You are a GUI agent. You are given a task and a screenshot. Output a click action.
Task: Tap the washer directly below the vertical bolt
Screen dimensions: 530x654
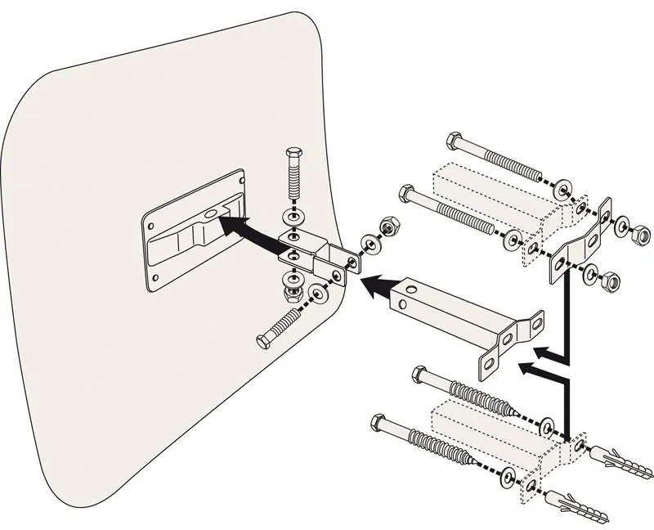coord(293,219)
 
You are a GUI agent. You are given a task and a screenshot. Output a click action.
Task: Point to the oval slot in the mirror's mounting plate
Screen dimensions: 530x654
coord(212,214)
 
